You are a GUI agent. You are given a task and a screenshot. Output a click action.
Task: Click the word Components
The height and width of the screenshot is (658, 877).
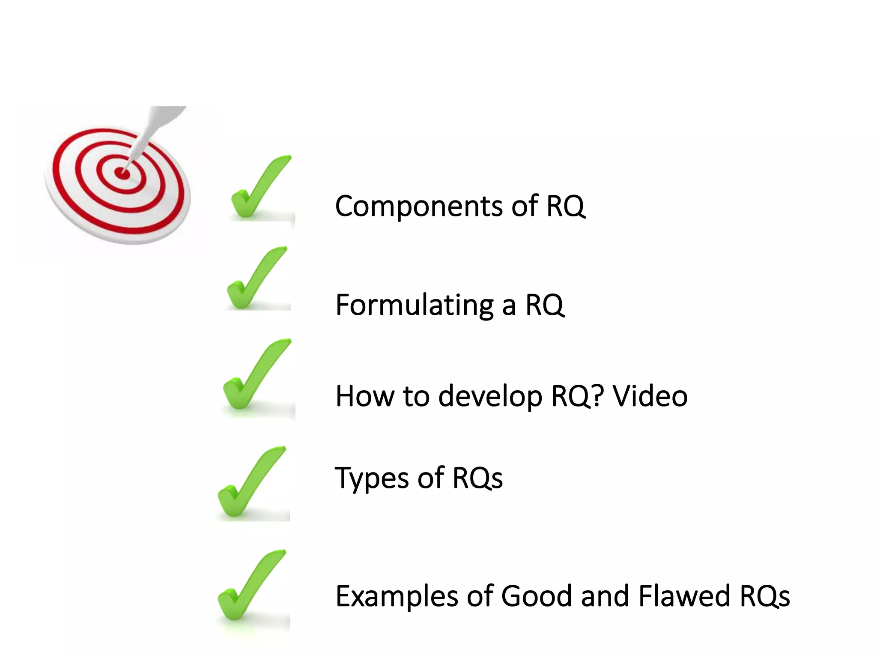[418, 206]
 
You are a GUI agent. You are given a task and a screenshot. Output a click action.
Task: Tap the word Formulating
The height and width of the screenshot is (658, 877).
[415, 305]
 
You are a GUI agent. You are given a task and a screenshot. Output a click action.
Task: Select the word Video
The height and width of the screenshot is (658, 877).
[650, 396]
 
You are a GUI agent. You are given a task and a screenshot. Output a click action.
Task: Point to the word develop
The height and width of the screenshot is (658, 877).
[490, 397]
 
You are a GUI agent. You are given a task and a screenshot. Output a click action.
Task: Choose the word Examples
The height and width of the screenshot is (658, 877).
[396, 596]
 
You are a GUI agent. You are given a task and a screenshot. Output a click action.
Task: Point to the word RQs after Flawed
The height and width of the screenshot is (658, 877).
[764, 596]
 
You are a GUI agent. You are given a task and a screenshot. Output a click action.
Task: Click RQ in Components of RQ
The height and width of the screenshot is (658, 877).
[565, 206]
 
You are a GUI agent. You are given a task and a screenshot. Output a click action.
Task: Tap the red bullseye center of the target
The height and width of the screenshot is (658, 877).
[122, 173]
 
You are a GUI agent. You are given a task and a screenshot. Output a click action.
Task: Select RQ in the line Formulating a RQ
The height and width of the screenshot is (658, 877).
[544, 305]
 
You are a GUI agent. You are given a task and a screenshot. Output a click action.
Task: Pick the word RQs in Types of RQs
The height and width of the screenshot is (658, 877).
[477, 478]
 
